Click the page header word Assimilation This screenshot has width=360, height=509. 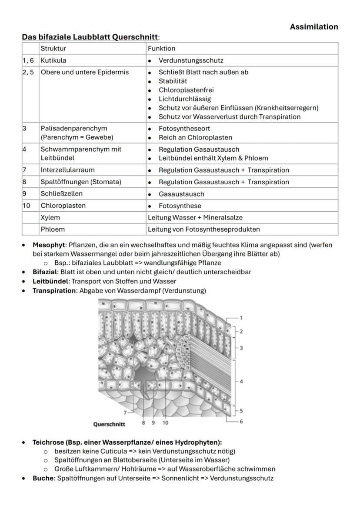point(314,27)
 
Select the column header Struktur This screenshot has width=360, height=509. point(53,49)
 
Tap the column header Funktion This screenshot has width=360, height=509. point(161,49)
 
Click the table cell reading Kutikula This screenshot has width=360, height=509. point(53,60)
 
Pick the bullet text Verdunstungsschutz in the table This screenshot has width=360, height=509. point(191,60)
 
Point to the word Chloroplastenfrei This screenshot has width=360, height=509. point(186,90)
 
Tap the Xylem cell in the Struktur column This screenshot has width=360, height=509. point(50,217)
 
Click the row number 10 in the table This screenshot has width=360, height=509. point(27,206)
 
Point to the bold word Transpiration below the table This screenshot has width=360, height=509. point(55,290)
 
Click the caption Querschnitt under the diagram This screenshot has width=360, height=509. point(109,424)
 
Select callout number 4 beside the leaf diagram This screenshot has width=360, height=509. point(241,381)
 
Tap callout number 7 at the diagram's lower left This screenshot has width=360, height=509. point(125,412)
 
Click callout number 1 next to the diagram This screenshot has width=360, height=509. point(241,318)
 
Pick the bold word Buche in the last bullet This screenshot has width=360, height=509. point(43,478)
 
